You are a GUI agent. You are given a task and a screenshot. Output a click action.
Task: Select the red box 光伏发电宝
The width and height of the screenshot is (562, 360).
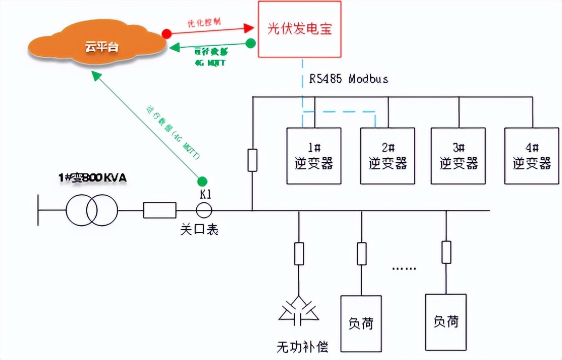(x=300, y=29)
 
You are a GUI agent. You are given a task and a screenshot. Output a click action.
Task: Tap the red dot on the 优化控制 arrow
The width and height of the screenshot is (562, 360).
(x=166, y=33)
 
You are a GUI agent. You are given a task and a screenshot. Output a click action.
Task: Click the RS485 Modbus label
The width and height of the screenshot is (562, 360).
(x=349, y=79)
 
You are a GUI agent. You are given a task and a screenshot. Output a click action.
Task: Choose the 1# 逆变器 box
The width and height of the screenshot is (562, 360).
(x=314, y=156)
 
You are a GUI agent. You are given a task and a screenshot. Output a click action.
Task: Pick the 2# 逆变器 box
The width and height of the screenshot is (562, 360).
(x=388, y=156)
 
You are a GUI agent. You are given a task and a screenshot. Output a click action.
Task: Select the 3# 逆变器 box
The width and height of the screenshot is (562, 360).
(x=459, y=156)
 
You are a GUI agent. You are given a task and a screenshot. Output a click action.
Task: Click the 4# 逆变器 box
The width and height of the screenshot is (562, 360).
(x=532, y=156)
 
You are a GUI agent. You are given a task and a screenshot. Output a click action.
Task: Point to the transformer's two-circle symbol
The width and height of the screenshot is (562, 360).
(x=92, y=209)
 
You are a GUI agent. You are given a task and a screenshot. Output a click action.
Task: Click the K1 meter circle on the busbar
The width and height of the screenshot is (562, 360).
(x=205, y=209)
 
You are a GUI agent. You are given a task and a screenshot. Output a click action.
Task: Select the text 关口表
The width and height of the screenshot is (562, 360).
(x=199, y=230)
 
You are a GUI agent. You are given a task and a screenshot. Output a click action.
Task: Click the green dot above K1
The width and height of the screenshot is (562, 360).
(x=202, y=181)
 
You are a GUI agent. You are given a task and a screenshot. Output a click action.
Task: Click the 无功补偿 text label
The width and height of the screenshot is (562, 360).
(x=302, y=347)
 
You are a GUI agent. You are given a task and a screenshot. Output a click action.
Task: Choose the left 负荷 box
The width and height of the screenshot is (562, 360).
(x=361, y=323)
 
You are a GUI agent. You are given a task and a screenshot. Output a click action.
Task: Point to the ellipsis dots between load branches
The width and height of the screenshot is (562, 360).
(x=404, y=268)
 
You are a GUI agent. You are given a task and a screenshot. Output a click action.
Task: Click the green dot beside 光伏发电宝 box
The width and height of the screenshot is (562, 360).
(x=250, y=44)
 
